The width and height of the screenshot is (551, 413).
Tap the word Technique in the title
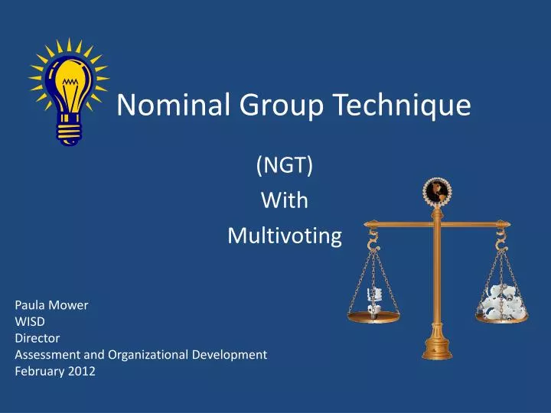tap(399, 106)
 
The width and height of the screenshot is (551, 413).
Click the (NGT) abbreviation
tap(285, 164)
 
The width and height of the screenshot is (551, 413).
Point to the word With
tap(285, 200)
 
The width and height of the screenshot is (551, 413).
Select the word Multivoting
tap(285, 236)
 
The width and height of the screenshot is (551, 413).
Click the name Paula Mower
tap(51, 305)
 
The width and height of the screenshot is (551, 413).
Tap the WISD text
tap(30, 322)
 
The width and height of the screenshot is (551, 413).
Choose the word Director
tap(37, 338)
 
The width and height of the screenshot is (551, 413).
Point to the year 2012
tap(81, 372)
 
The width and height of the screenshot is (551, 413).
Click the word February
tap(40, 372)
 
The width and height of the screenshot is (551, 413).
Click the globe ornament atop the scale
tap(437, 192)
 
